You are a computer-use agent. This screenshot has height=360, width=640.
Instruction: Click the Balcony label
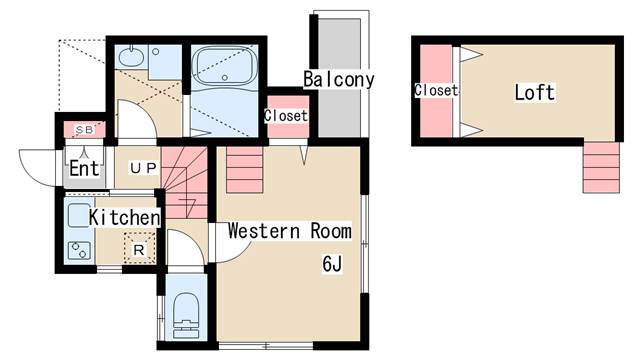pyautogui.click(x=339, y=79)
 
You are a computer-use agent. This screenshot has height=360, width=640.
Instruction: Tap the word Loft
pyautogui.click(x=534, y=93)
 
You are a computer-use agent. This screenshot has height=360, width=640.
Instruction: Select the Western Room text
pyautogui.click(x=289, y=231)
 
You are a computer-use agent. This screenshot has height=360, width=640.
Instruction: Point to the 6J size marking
pyautogui.click(x=332, y=264)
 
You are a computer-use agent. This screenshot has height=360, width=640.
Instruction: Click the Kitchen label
pyautogui.click(x=124, y=217)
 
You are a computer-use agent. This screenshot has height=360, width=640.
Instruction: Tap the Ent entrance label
pyautogui.click(x=84, y=168)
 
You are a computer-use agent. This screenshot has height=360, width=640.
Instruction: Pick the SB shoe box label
pyautogui.click(x=84, y=130)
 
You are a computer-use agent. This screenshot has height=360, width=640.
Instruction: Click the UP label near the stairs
pyautogui.click(x=142, y=167)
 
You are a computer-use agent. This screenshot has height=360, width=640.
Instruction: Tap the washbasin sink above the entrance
pyautogui.click(x=131, y=58)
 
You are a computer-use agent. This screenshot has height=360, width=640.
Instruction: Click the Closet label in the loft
pyautogui.click(x=435, y=91)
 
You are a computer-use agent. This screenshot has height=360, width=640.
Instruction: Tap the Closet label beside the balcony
pyautogui.click(x=286, y=116)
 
